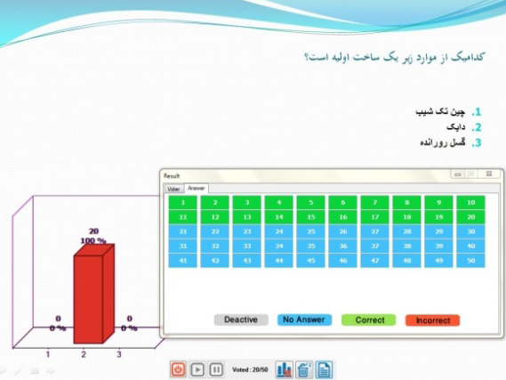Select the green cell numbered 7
376,202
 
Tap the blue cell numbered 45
311,260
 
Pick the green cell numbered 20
471,216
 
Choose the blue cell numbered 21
182,231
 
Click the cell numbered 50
471,260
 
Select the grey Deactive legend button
240,319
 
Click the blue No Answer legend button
302,319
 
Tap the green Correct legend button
369,319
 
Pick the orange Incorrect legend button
433,319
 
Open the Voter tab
173,189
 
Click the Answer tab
196,189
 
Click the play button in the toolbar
197,369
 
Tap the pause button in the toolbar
216,369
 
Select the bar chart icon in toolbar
285,369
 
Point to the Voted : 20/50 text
249,369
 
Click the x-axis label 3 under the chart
119,353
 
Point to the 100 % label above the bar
93,240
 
